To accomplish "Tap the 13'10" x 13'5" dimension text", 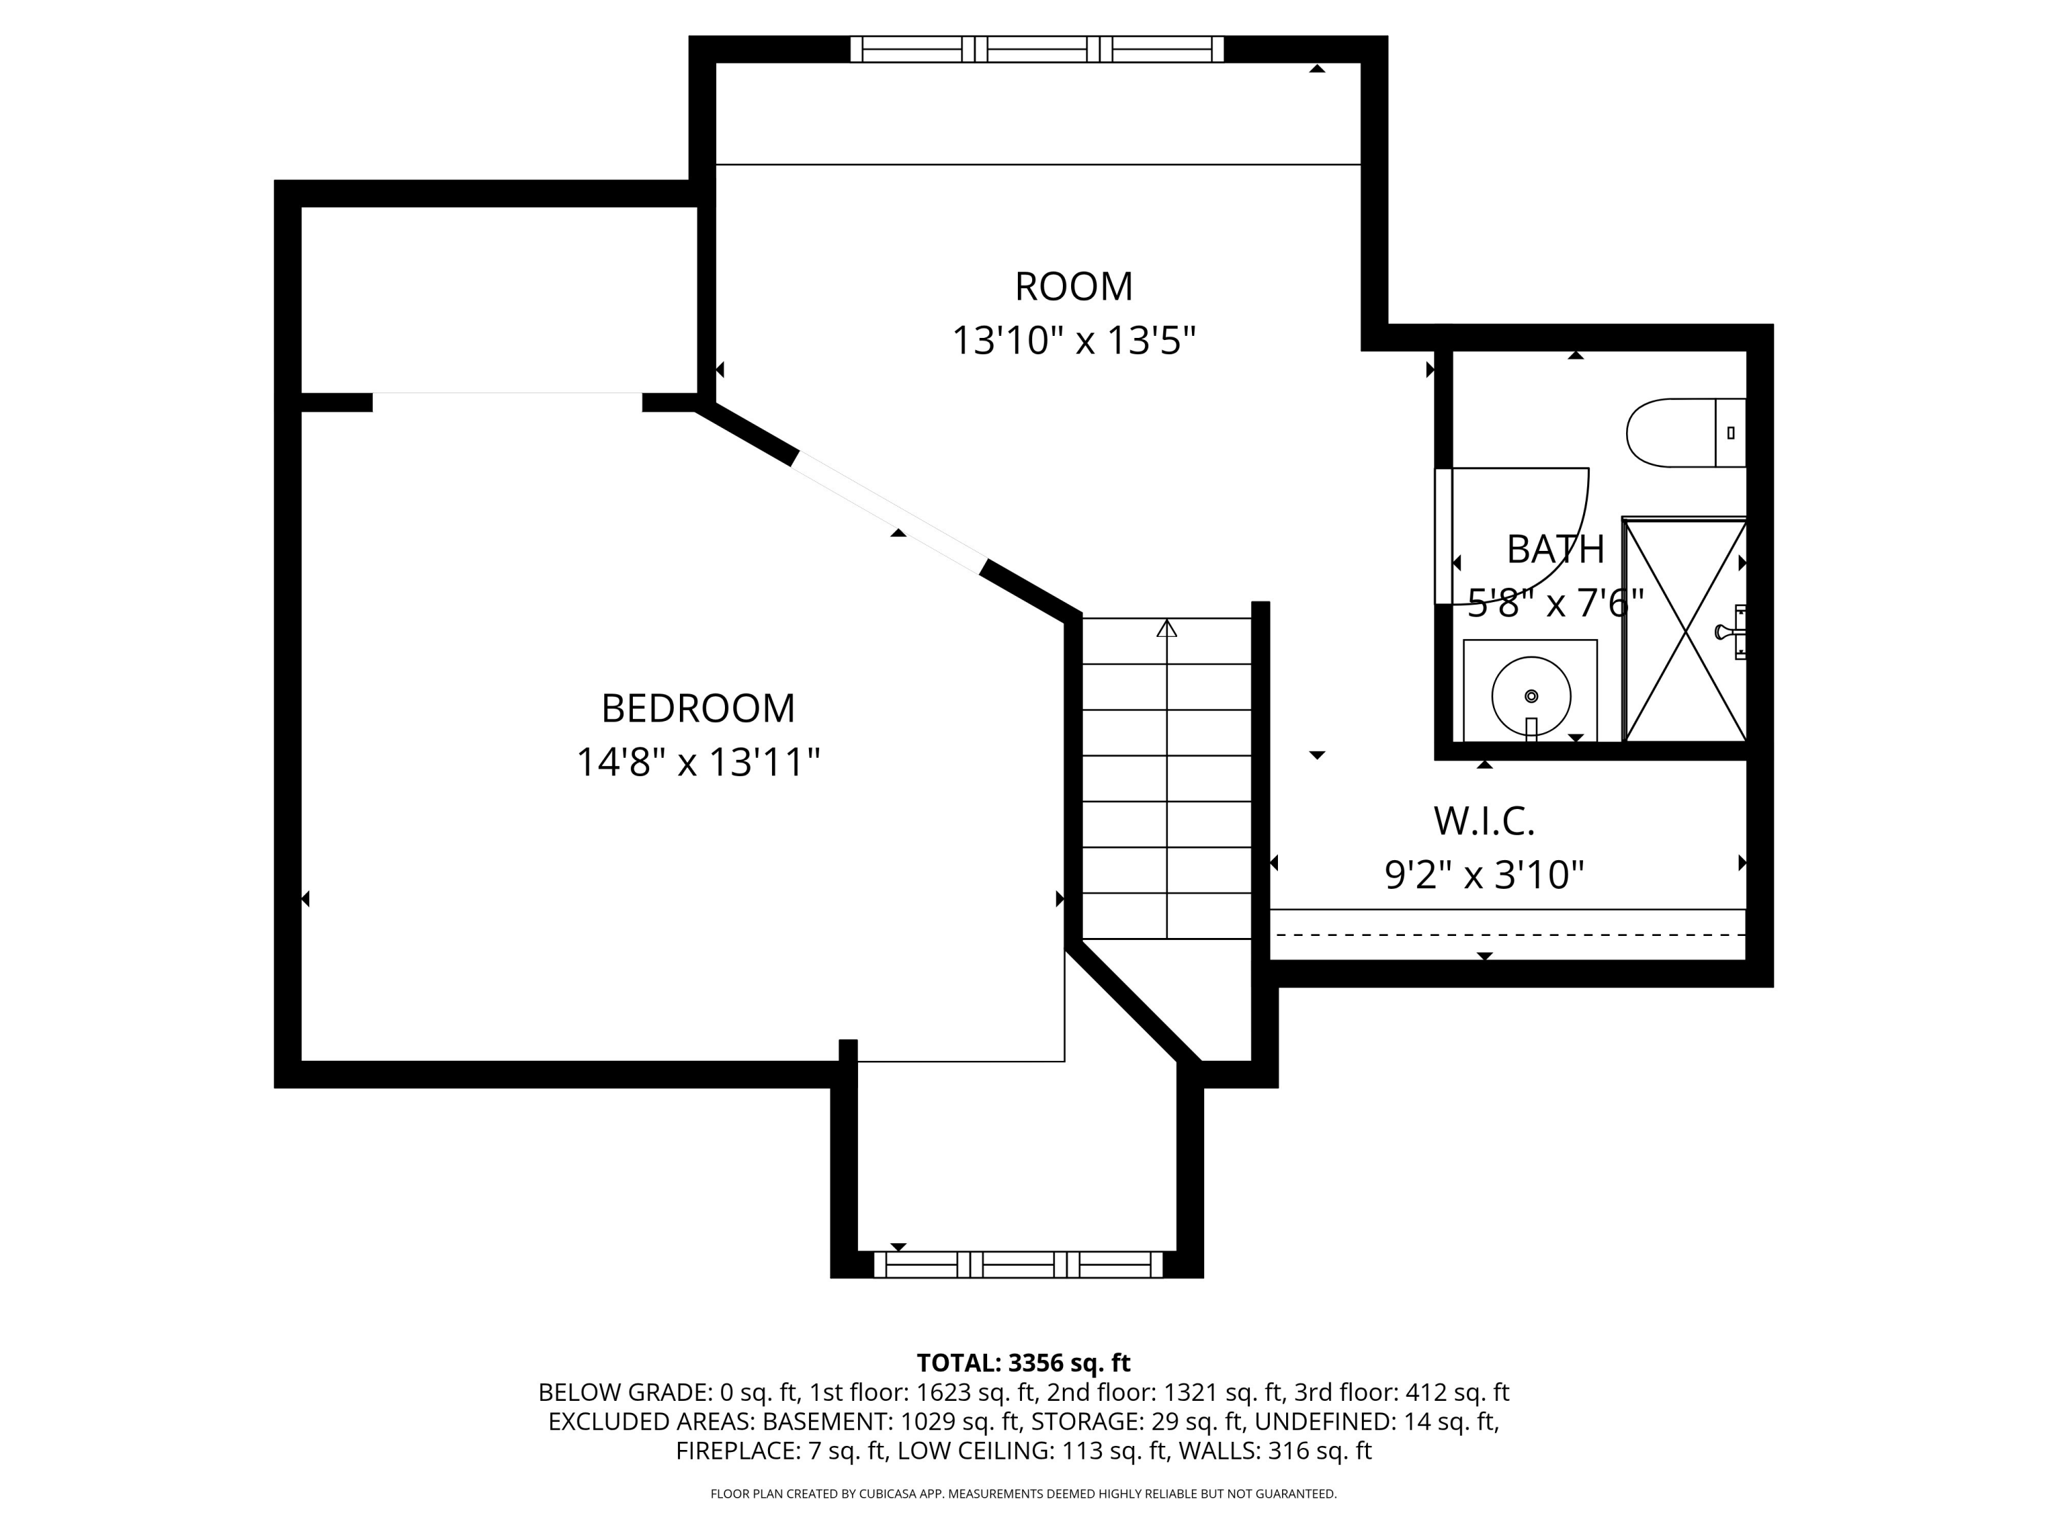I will click(1073, 341).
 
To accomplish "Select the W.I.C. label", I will click(1483, 821).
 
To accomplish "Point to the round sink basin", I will click(1531, 696).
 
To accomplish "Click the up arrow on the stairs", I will click(1167, 629).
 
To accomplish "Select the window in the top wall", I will click(1037, 49).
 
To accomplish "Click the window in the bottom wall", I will click(1018, 1265).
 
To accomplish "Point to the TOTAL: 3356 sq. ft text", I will click(1023, 1363).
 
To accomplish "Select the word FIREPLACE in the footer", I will click(736, 1451).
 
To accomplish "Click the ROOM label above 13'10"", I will click(1073, 287).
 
